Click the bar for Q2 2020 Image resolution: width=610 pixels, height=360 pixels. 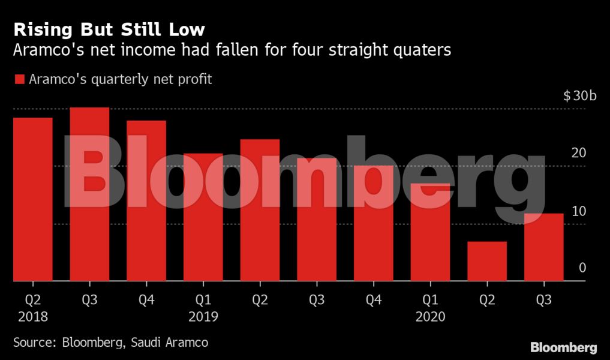coord(487,261)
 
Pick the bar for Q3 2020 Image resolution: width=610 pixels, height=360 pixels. coord(543,247)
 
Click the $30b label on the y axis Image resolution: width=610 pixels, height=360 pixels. coord(579,96)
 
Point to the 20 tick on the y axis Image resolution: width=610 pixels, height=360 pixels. coord(578,153)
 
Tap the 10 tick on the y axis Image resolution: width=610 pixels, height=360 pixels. coord(578,211)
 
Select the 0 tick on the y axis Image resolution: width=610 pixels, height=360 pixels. coord(582,268)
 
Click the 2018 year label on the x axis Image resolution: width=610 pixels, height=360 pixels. coord(32,316)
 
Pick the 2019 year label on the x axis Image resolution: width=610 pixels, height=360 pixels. coord(203,316)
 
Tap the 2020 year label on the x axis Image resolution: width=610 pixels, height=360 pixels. coord(430,316)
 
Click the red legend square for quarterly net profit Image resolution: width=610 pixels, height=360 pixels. coord(19,79)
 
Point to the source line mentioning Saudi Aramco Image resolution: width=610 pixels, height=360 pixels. coord(111,343)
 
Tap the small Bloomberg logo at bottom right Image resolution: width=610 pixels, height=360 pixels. coord(563,347)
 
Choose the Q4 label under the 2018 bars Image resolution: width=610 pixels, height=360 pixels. coord(146,299)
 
